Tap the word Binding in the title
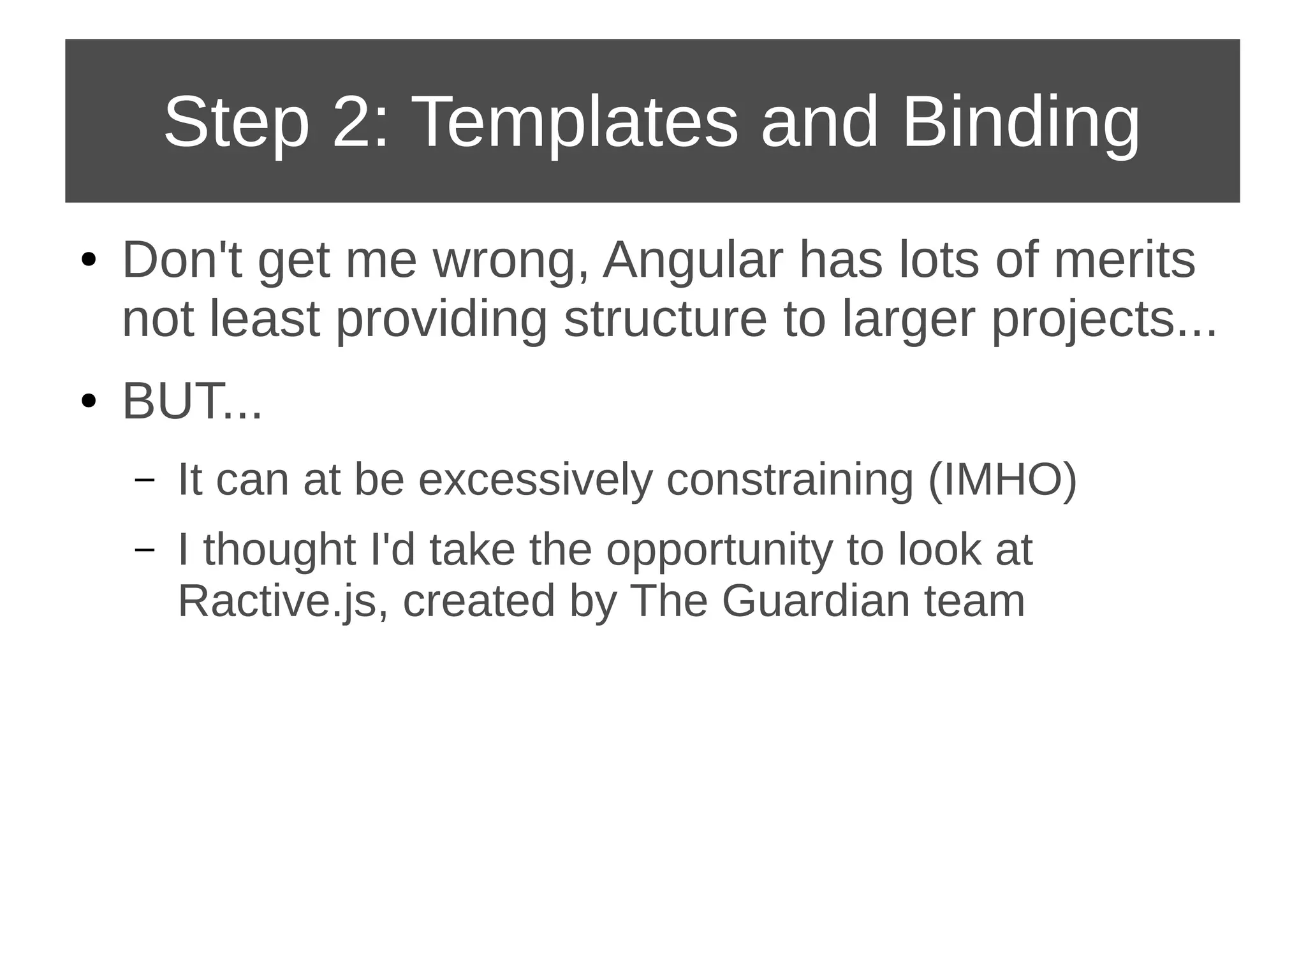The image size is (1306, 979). pyautogui.click(x=1020, y=122)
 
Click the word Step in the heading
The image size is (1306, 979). pyautogui.click(x=236, y=122)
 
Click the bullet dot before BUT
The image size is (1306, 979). pyautogui.click(x=89, y=402)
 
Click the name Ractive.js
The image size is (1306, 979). pyautogui.click(x=277, y=601)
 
